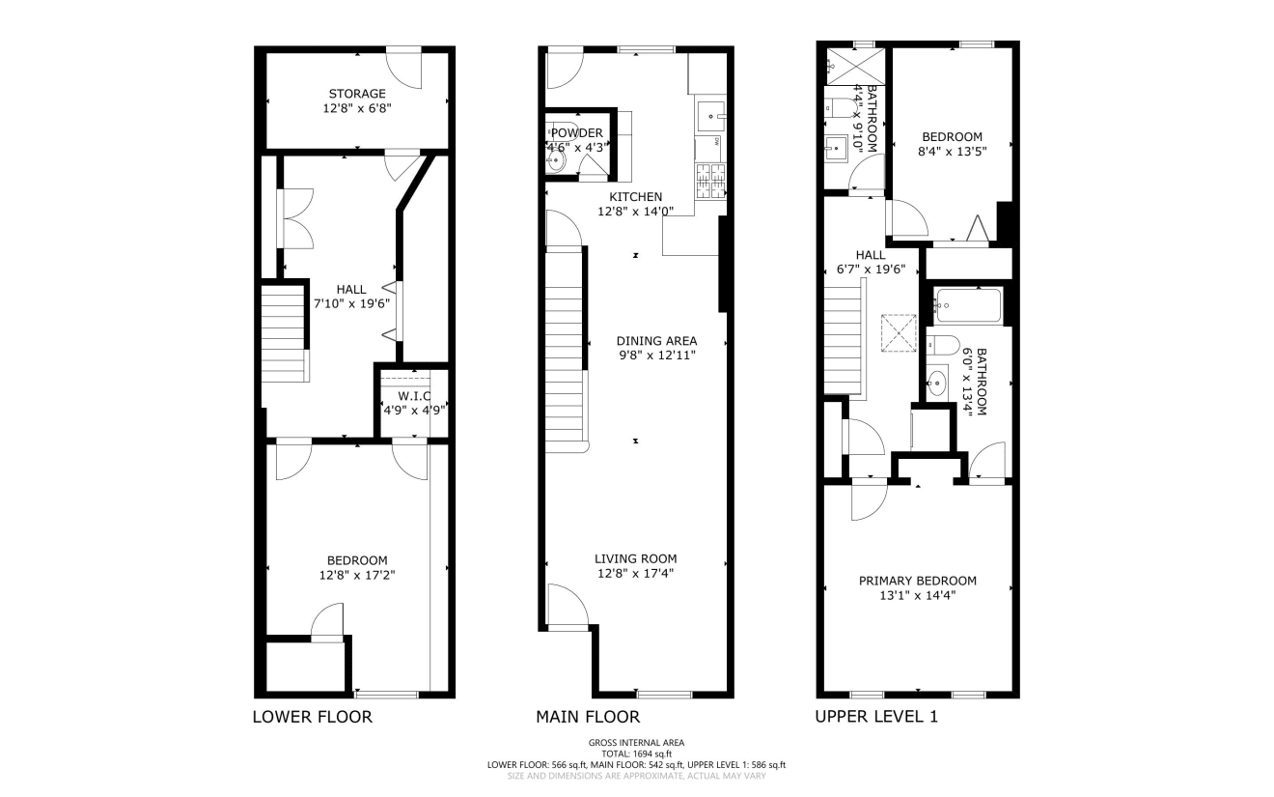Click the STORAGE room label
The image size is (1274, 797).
pyautogui.click(x=357, y=94)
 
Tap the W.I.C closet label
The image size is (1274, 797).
pyautogui.click(x=414, y=396)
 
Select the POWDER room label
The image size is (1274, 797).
pyautogui.click(x=576, y=133)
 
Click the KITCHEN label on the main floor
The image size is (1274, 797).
pyautogui.click(x=636, y=197)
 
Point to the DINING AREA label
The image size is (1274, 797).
pyautogui.click(x=657, y=341)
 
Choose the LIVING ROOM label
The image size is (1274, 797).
pyautogui.click(x=636, y=559)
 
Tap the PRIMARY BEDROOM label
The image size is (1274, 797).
pyautogui.click(x=918, y=581)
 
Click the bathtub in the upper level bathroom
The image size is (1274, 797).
pyautogui.click(x=969, y=305)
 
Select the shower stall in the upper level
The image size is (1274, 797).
pyautogui.click(x=855, y=68)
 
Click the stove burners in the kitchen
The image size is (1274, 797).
pyautogui.click(x=711, y=181)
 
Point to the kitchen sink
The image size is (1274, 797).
pyautogui.click(x=711, y=116)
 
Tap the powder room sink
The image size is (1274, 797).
pyautogui.click(x=556, y=161)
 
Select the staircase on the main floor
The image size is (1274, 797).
pyautogui.click(x=566, y=352)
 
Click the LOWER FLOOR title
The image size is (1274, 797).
pyautogui.click(x=313, y=717)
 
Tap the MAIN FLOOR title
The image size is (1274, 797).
pyautogui.click(x=588, y=717)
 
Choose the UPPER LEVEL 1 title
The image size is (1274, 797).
pyautogui.click(x=876, y=717)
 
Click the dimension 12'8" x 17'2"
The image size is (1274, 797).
pyautogui.click(x=357, y=575)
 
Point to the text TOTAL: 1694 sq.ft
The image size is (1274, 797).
pyautogui.click(x=636, y=754)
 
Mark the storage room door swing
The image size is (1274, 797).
pyautogui.click(x=405, y=71)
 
